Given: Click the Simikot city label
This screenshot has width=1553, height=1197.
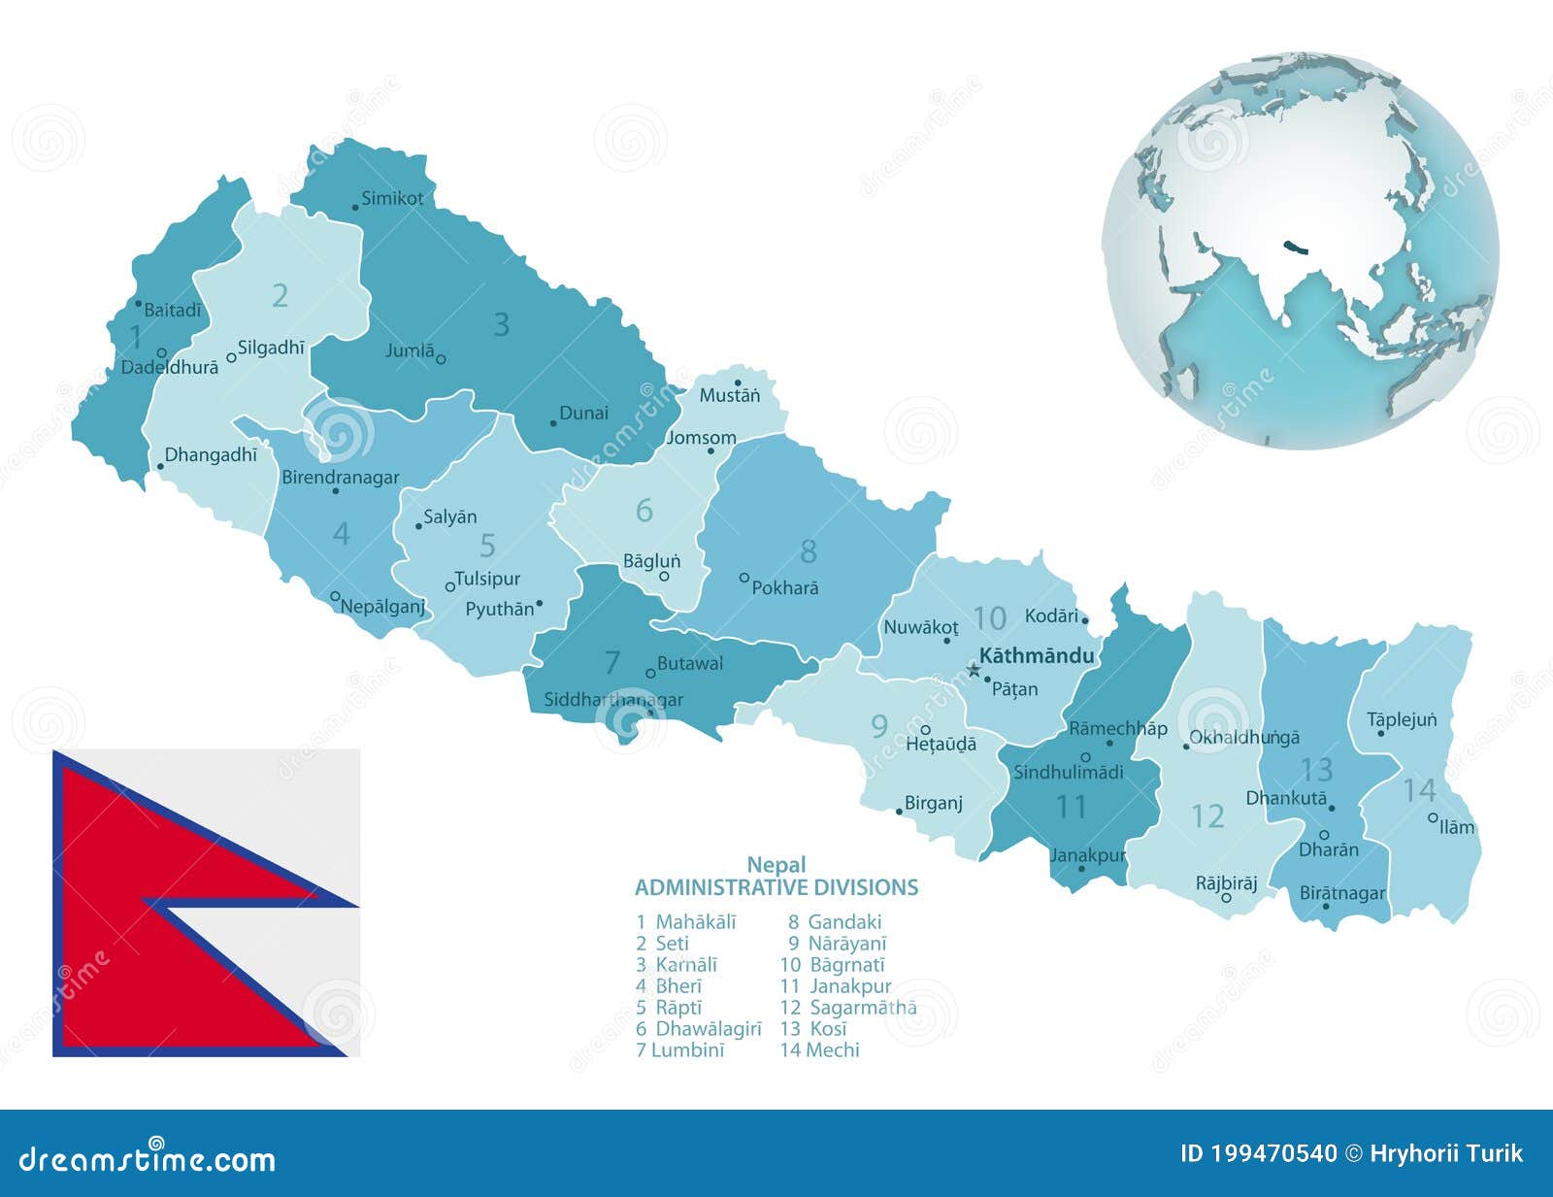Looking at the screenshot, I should pos(392,199).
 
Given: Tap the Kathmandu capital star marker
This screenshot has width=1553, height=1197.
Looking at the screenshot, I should pos(974,669).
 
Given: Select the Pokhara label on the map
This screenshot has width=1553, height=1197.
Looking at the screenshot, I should pos(785,588).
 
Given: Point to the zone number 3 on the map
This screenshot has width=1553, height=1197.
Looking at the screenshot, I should pos(501,324).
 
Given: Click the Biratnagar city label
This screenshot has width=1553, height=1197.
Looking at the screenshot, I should pos(1342,893).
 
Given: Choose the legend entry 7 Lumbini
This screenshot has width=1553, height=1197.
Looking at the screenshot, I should pos(680,1049).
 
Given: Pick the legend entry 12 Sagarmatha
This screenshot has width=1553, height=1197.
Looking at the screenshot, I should pos(848,1007).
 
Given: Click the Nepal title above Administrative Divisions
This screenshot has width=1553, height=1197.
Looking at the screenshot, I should pos(776,864).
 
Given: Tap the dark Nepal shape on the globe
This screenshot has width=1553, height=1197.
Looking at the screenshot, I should pos(1295,249).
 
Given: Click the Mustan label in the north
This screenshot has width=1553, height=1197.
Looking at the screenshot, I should pos(730,396).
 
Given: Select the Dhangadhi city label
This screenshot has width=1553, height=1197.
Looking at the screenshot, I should pos(211,454).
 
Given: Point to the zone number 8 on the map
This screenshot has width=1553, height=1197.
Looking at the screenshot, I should pos(809,551).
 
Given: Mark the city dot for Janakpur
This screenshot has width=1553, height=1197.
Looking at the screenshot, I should pos(1081,868).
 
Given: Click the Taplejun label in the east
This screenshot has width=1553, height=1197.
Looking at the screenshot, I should pos(1402,719).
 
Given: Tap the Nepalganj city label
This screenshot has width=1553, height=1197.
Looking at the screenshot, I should pos(382,607).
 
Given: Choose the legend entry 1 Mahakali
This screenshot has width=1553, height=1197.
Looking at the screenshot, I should pos(686,921).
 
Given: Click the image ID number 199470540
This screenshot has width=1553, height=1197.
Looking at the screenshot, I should pos(1259,1153).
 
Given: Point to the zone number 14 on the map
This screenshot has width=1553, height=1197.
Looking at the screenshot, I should pos(1419,790).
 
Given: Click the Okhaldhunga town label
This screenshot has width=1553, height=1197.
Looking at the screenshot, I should pos(1244,738).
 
